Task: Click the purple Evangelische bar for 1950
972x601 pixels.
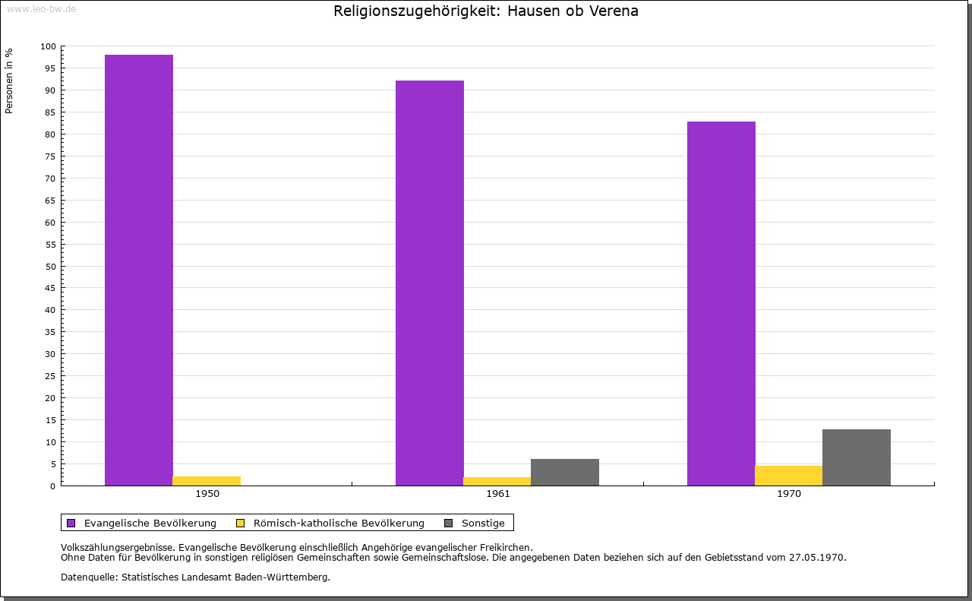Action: (139, 270)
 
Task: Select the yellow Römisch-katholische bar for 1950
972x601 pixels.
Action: (207, 481)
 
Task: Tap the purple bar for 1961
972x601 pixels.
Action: (430, 283)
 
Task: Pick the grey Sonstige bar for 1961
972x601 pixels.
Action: (565, 472)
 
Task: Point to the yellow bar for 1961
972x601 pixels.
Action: (497, 481)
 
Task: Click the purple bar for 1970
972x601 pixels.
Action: (721, 303)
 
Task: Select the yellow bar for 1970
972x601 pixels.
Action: (788, 476)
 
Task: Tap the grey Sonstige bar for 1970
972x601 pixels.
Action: (857, 457)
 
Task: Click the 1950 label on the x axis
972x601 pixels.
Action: (207, 494)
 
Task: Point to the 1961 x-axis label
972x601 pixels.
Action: (498, 494)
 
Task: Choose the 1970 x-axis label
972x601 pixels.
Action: (789, 494)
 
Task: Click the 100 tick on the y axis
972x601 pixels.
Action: (49, 46)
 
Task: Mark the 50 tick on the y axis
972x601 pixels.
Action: (51, 266)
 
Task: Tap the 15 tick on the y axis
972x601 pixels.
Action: (51, 420)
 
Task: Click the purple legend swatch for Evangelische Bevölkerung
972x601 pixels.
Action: (71, 523)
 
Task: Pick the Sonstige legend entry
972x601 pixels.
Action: (483, 523)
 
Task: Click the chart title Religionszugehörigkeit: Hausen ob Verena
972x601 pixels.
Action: (486, 11)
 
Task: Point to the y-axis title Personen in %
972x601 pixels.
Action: (9, 81)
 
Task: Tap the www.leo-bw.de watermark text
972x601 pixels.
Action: (41, 8)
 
